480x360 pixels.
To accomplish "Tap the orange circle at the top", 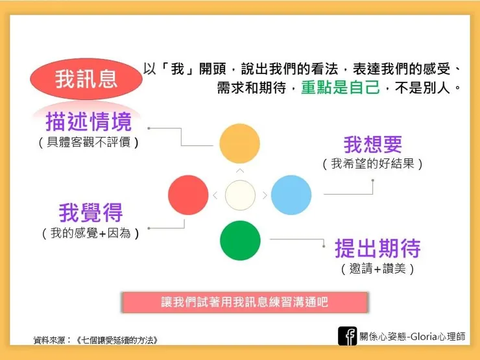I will [239, 143].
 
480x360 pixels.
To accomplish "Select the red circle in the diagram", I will [188, 195].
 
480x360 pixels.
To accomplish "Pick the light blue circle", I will [291, 195].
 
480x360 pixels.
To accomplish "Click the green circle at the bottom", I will [239, 240].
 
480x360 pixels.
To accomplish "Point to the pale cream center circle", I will [240, 195].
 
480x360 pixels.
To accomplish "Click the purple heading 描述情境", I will [88, 121].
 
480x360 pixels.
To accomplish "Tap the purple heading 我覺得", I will [91, 212].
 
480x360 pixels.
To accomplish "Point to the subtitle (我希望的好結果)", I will [373, 164].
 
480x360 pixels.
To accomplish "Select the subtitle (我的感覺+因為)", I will [90, 233].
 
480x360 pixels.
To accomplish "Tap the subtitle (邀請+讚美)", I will [378, 268].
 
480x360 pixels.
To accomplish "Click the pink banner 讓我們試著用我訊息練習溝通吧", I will [245, 302].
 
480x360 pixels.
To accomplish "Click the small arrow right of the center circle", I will [265, 195].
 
